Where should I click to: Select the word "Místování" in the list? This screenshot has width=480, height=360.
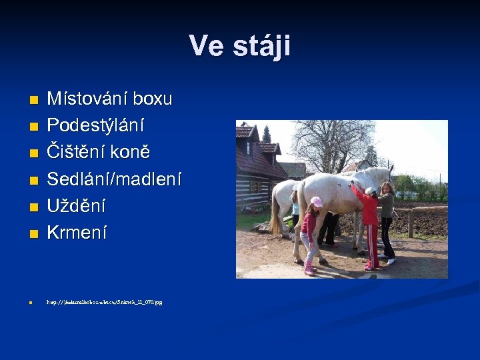87,99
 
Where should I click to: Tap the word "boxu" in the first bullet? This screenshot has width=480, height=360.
152,99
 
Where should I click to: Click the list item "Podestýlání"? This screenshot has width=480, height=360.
95,126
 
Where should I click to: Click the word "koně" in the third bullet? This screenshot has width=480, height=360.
131,153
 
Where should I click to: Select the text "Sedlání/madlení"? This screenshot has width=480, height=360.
113,179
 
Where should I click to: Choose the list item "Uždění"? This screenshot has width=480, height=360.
75,206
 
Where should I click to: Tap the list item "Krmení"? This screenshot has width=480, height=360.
75,233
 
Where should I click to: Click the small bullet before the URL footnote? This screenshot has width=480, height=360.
31,303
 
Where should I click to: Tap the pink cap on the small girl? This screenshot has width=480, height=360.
316,201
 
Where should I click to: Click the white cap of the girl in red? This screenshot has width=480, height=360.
369,191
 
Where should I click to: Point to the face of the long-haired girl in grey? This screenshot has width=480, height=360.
387,188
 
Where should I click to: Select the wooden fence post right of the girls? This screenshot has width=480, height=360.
410,223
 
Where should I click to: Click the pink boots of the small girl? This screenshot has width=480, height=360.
309,269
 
